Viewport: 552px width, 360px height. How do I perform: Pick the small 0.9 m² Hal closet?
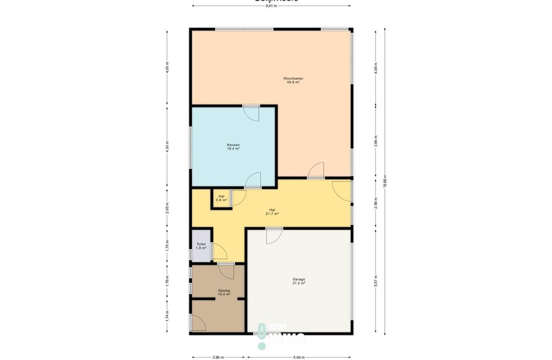[x=221, y=198]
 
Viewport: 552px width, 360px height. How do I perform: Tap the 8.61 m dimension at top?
[x=271, y=6]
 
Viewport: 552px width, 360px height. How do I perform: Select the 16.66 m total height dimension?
[x=385, y=181]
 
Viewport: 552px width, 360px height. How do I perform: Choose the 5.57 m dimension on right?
[x=375, y=281]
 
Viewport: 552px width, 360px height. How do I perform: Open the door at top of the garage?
[x=273, y=236]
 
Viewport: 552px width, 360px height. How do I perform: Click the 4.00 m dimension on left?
[x=167, y=67]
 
